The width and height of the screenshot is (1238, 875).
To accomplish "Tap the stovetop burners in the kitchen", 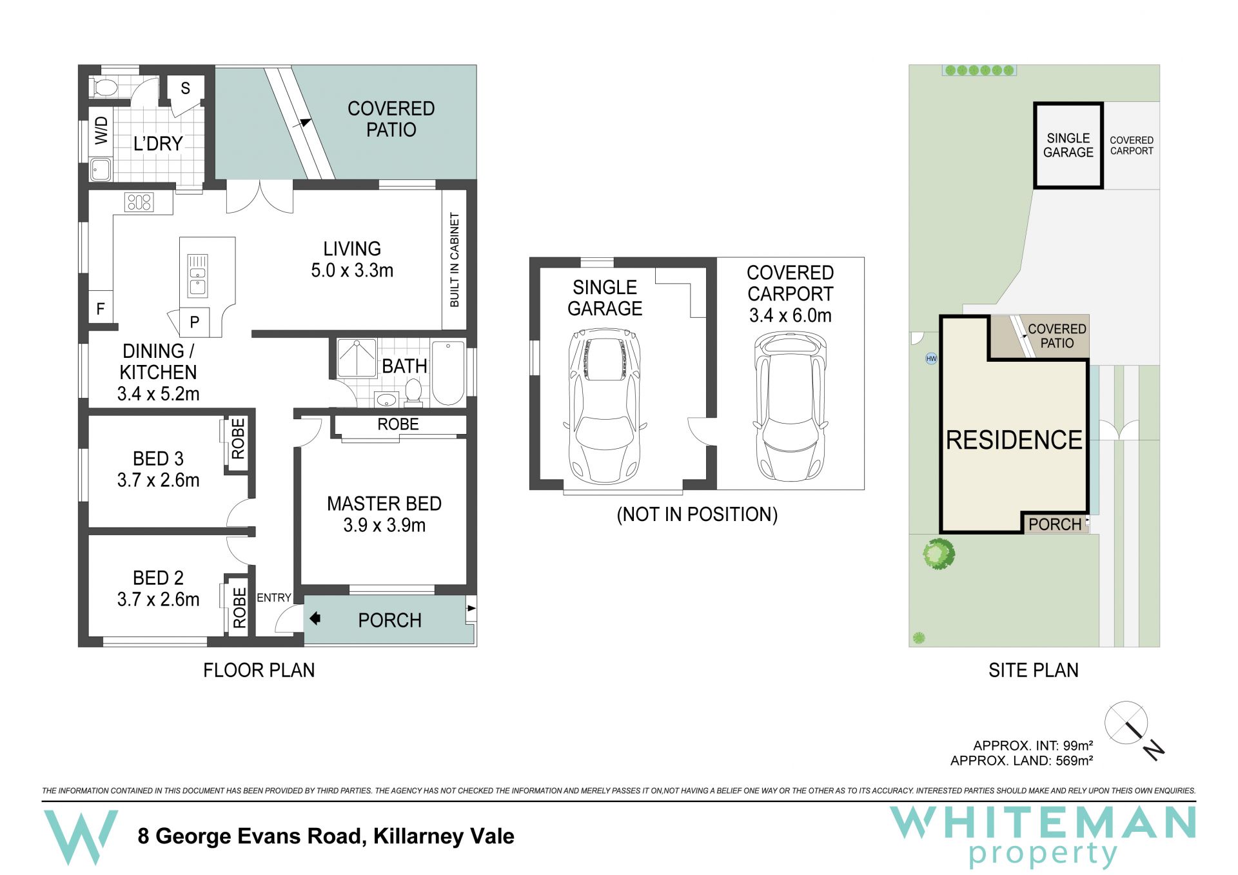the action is (x=139, y=202).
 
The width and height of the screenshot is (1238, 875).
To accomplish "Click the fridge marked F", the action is (x=101, y=309).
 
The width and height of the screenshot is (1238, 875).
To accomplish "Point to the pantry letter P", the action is (x=194, y=322).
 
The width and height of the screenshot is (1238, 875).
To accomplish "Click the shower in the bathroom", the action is (x=357, y=358).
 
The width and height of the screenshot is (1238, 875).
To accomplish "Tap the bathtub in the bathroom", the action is (x=448, y=373).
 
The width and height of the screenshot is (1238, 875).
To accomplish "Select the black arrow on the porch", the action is (x=315, y=619).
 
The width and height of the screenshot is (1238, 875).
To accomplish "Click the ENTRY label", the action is (x=274, y=598).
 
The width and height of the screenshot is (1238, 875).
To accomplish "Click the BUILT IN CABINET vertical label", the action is (x=455, y=260).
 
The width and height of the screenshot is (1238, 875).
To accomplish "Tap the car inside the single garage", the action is (x=605, y=406).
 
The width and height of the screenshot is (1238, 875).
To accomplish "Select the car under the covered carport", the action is (x=791, y=406).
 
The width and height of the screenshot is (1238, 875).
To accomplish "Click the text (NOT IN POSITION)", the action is (x=697, y=515).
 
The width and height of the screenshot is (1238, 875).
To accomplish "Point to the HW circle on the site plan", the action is (x=931, y=359).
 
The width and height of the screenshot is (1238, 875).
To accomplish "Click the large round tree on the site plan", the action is (x=938, y=554).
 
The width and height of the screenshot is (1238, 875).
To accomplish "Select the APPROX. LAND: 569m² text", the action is (x=1021, y=761).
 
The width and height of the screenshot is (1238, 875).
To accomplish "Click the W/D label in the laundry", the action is (x=102, y=130).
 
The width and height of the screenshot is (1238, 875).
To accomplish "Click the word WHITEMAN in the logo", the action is (x=1043, y=822).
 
